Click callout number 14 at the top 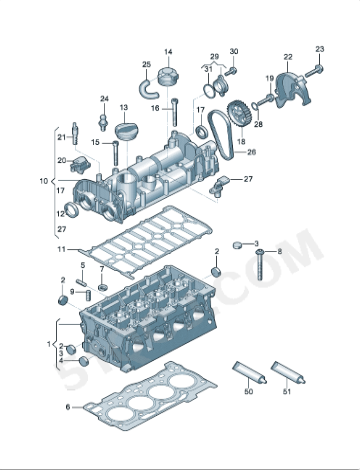[168, 52]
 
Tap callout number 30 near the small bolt [234, 52]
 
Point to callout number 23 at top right [320, 49]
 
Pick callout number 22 [288, 57]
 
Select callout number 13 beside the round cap [125, 107]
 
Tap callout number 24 [104, 98]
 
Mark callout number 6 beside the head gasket [68, 407]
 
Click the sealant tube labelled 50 [249, 376]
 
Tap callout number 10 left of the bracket [43, 182]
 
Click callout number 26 [252, 153]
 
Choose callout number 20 [60, 159]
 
